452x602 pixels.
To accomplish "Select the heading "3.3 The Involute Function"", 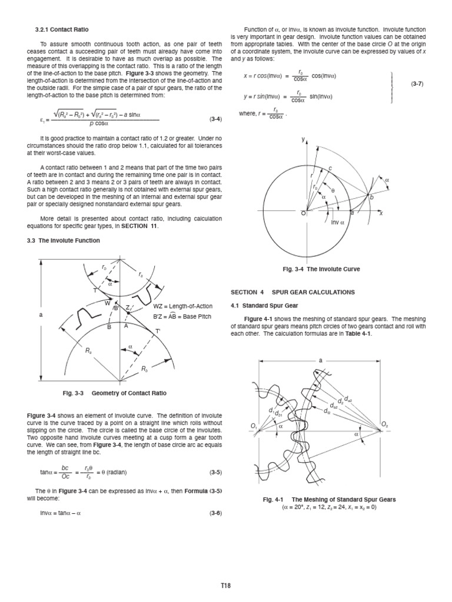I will coord(64,240).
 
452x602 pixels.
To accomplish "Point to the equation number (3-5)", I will coord(215,472).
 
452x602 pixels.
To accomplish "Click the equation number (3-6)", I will coord(215,513).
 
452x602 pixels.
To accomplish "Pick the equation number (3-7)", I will coord(417,84).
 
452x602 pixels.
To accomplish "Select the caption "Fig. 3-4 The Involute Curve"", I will coord(321,269).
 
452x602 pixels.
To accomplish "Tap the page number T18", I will coord(225,586).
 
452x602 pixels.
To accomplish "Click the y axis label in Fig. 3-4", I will coord(303,139).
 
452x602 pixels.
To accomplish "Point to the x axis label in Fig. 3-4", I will coord(381,213).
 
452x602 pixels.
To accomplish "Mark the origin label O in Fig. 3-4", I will coord(304,213).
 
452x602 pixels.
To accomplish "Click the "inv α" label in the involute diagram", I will coord(337,222).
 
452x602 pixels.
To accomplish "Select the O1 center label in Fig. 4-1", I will coord(254,426).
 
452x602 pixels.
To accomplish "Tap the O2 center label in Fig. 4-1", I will coord(385,423).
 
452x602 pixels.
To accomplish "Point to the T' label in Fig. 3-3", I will coord(158,332).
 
